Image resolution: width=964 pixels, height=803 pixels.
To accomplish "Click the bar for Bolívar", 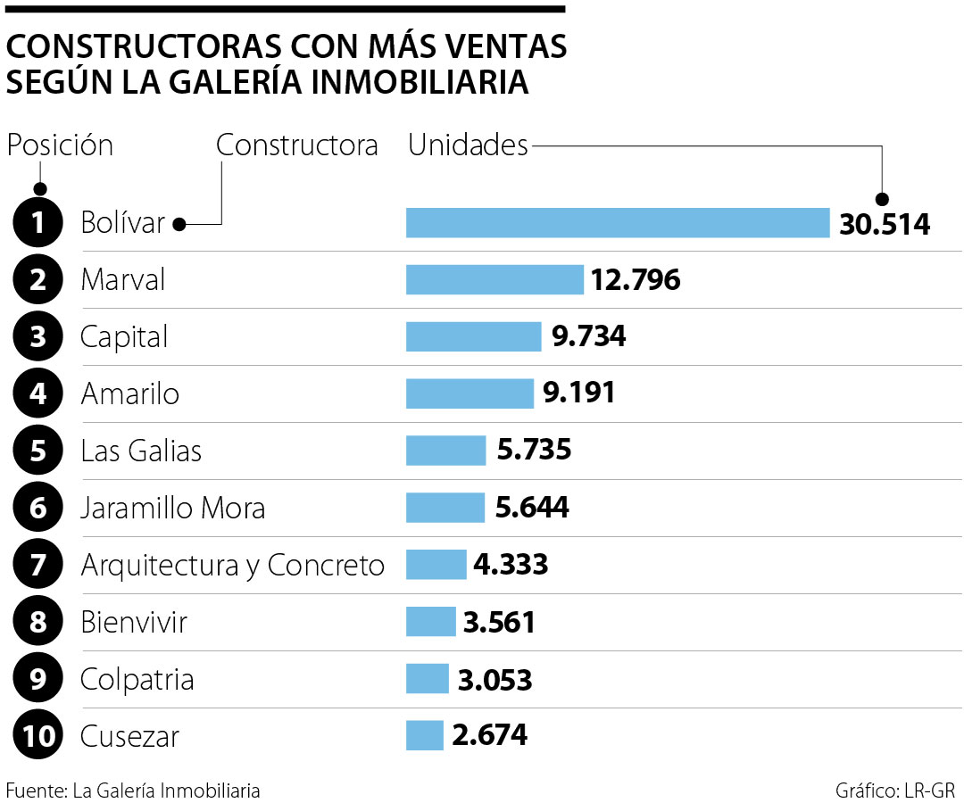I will point(618,223).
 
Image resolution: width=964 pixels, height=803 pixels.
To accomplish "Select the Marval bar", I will point(494,280).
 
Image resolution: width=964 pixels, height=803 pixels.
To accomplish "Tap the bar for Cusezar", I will point(425,736).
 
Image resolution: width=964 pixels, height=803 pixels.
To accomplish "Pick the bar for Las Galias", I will point(445,451).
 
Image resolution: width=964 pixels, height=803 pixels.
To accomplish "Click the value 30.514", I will point(885,224).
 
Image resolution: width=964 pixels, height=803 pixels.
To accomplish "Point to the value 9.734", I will point(588,337).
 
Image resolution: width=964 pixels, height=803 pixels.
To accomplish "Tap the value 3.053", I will point(494,680).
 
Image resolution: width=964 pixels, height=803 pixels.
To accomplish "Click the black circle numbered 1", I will point(38,223).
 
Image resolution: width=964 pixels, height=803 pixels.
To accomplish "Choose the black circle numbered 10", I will point(38,736).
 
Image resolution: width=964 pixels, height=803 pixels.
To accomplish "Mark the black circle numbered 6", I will point(38,509).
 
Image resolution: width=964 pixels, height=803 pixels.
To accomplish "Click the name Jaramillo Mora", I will point(173,509).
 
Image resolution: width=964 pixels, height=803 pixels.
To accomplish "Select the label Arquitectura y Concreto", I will point(232,565).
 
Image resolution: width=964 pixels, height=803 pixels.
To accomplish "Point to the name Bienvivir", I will point(134,622).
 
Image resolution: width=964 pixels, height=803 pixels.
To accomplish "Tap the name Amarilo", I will point(130,393).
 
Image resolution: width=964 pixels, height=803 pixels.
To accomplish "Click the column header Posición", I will point(60,145).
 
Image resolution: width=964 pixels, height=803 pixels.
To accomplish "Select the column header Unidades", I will point(468,145).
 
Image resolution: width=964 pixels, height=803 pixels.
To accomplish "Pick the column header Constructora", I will point(297,145).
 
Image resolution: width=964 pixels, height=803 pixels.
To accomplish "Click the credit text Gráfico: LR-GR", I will point(895,790).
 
